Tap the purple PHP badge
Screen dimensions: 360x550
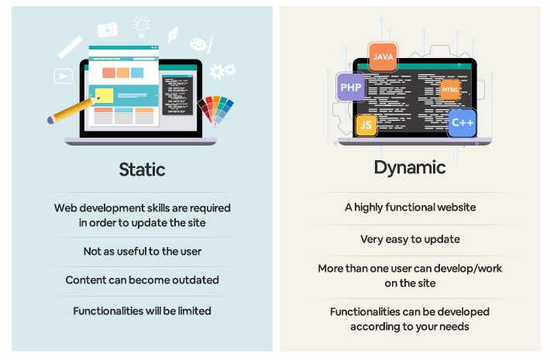tap(351, 87)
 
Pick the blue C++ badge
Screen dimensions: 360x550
tap(462, 122)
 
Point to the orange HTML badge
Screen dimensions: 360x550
tap(450, 90)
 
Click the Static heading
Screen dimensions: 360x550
tap(142, 169)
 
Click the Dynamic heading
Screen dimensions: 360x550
tap(410, 167)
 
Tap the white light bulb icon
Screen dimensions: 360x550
tap(142, 26)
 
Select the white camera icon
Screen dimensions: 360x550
tap(108, 29)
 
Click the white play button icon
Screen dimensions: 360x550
tap(63, 76)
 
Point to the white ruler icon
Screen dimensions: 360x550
tap(70, 47)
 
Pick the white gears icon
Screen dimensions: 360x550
tap(222, 71)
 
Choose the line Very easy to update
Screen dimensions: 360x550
tap(410, 239)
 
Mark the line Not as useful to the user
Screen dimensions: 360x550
tap(142, 252)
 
